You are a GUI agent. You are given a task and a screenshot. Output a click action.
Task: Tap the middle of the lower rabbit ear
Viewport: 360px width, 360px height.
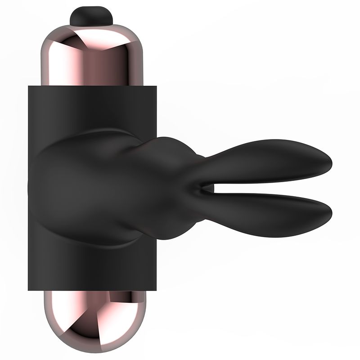[270, 208]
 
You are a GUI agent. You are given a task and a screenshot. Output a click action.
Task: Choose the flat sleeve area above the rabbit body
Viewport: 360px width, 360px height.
[90, 108]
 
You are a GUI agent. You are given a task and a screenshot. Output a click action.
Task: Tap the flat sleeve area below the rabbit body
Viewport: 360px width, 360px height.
[90, 268]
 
